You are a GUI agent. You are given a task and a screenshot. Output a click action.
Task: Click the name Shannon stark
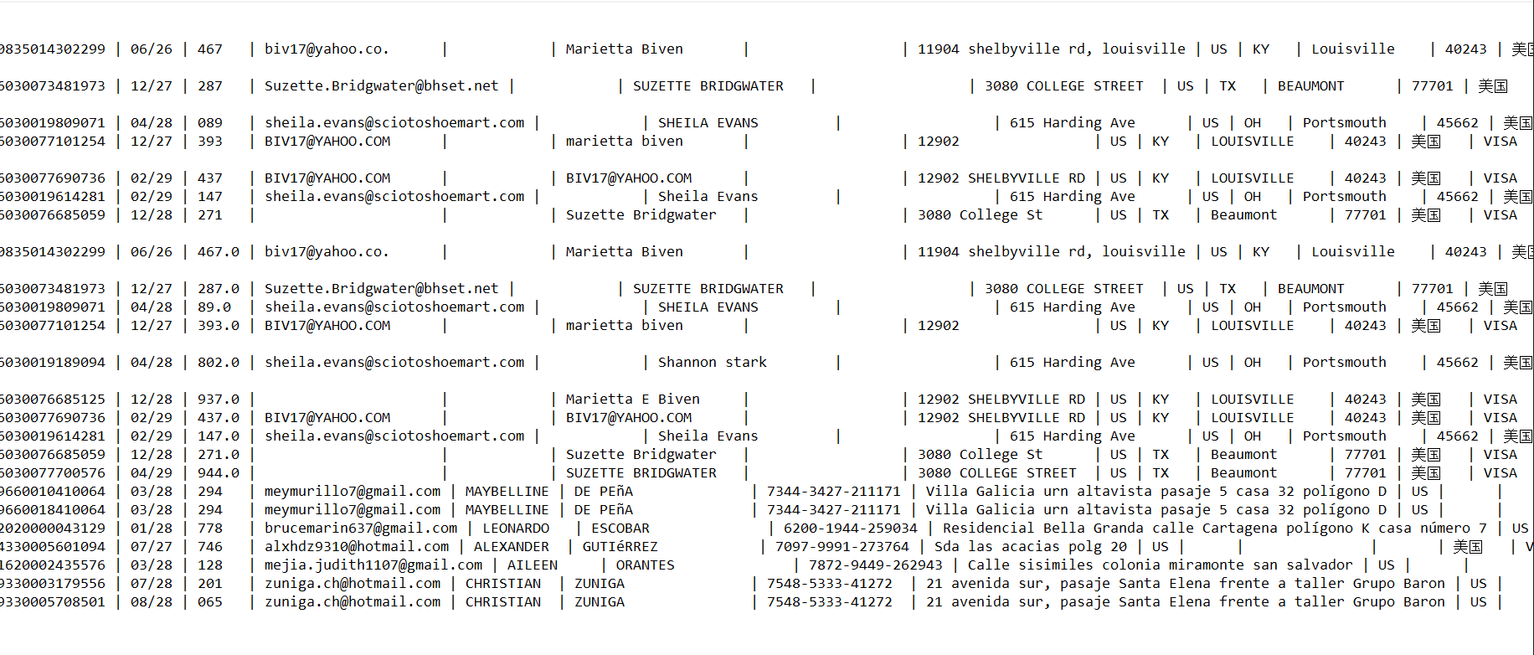point(712,362)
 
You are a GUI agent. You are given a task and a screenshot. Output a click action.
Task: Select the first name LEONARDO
point(516,528)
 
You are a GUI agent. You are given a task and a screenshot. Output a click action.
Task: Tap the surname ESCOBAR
point(620,528)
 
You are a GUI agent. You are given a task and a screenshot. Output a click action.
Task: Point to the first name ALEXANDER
point(511,546)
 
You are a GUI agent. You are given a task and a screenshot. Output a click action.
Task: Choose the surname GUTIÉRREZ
point(620,546)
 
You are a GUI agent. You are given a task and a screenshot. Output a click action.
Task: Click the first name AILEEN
point(532,565)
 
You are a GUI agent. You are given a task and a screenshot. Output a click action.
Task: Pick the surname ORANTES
point(645,565)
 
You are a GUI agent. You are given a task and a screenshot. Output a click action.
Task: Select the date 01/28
point(151,528)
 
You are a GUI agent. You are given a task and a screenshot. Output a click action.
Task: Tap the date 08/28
point(151,601)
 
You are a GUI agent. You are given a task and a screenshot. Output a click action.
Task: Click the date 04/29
point(151,472)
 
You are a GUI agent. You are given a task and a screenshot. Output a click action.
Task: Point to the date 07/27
point(151,546)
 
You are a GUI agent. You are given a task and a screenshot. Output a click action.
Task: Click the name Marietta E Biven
point(632,399)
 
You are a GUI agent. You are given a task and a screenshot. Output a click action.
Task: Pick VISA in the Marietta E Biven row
point(1500,399)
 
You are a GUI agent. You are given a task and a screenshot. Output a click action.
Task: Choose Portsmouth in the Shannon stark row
point(1344,362)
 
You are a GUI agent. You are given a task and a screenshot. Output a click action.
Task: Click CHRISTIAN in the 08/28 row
point(502,601)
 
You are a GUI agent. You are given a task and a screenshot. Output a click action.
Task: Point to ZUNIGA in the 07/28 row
point(599,583)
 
